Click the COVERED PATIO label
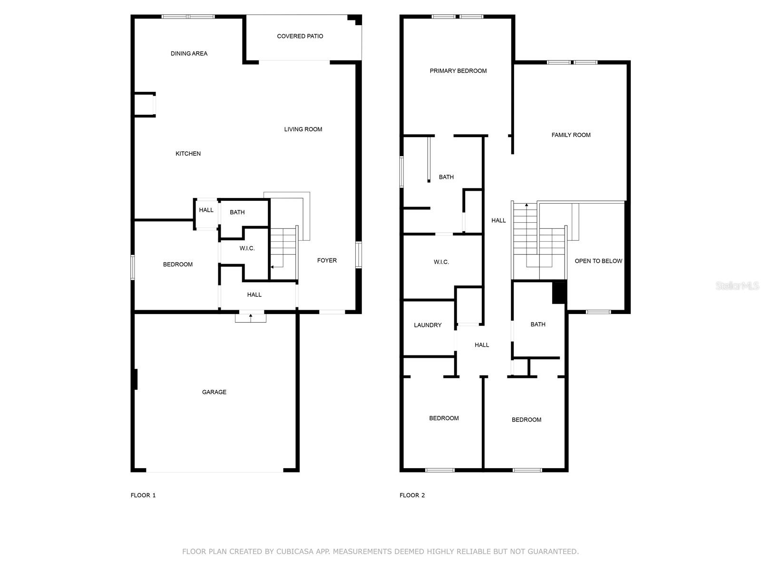pyautogui.click(x=300, y=36)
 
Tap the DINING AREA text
pyautogui.click(x=189, y=53)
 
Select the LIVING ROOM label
pyautogui.click(x=303, y=129)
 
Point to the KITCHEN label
pyautogui.click(x=188, y=154)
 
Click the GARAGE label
pyautogui.click(x=214, y=392)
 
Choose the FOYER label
pyautogui.click(x=327, y=260)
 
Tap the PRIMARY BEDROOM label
pyautogui.click(x=458, y=71)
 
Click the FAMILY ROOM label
pyautogui.click(x=571, y=135)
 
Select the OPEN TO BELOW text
pyautogui.click(x=598, y=261)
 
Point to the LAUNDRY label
pyautogui.click(x=428, y=325)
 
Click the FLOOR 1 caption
pyautogui.click(x=143, y=495)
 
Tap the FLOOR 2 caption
pyautogui.click(x=412, y=495)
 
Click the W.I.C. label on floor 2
pyautogui.click(x=441, y=262)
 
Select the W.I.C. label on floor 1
pyautogui.click(x=247, y=248)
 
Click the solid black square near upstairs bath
pyautogui.click(x=559, y=293)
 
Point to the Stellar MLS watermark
pyautogui.click(x=737, y=285)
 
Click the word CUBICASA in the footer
pyautogui.click(x=295, y=551)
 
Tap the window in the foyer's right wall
pyautogui.click(x=359, y=255)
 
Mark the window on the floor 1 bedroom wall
pyautogui.click(x=132, y=267)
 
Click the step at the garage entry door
pyautogui.click(x=251, y=318)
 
